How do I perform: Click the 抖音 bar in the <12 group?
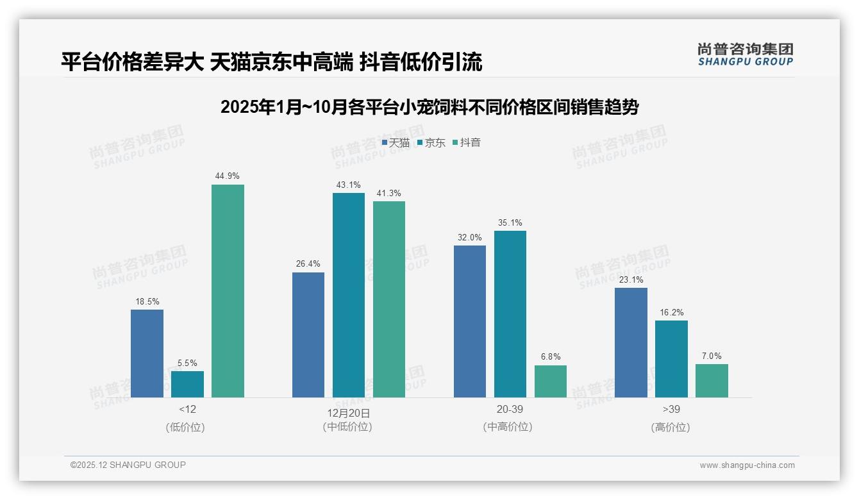228,291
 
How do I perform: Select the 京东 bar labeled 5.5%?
187,384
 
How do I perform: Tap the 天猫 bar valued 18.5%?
147,353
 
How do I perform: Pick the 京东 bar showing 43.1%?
348,295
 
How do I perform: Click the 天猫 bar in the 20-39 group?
469,321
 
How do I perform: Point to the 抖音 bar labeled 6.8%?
550,381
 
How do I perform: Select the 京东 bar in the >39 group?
671,359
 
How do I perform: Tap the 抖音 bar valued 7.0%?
712,381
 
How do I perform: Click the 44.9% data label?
228,176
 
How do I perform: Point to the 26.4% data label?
308,264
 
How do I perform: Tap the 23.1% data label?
631,279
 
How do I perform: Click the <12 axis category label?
187,409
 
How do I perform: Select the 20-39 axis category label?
510,409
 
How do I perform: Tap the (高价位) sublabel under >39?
671,427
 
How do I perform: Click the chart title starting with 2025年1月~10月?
429,107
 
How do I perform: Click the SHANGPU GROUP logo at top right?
745,54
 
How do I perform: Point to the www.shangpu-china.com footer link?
747,465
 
